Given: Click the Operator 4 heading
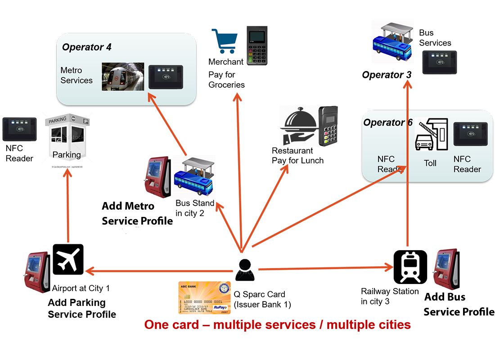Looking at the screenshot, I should pyautogui.click(x=87, y=47).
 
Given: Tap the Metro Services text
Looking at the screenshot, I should pyautogui.click(x=76, y=76).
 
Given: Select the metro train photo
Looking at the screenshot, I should pyautogui.click(x=122, y=76).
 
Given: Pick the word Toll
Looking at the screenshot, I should pyautogui.click(x=430, y=163).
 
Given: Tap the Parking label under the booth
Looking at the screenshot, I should pyautogui.click(x=67, y=155).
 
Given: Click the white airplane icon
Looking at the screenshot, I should pyautogui.click(x=68, y=259).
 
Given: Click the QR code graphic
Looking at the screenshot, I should pyautogui.click(x=298, y=127).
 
